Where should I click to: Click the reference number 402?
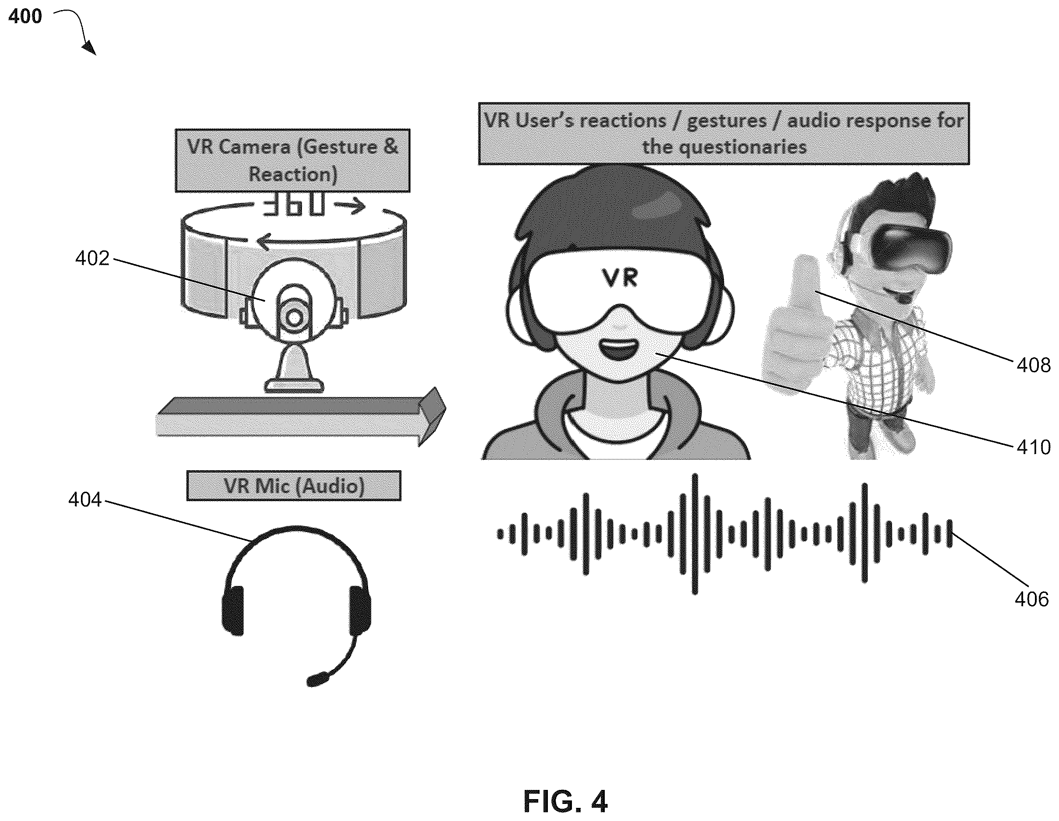(92, 259)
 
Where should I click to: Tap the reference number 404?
(85, 499)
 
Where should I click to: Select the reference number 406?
(1031, 599)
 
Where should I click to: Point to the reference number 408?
(1033, 365)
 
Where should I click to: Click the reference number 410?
(1033, 447)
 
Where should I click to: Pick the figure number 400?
(25, 17)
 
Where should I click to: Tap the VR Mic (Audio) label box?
(294, 485)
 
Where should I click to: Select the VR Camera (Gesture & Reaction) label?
(292, 161)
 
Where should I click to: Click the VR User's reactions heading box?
(724, 134)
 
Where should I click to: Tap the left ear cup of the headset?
(233, 610)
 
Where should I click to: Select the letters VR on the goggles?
(620, 278)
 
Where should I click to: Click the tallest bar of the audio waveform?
(695, 534)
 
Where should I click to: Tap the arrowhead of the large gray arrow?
(432, 416)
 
